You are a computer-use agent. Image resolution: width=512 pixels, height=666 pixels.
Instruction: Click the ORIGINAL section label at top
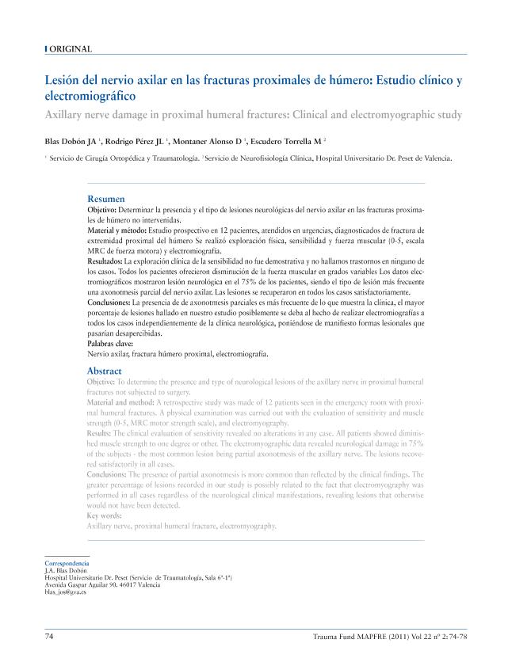click(71, 49)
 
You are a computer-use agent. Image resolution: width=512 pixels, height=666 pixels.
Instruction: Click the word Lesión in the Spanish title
click(64, 81)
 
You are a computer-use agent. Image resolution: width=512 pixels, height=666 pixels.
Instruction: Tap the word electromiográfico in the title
click(90, 96)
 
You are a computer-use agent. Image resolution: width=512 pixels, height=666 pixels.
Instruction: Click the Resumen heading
click(105, 199)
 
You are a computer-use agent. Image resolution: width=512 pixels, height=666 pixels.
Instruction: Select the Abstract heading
click(105, 371)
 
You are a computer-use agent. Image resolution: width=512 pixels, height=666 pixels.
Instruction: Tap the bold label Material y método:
click(117, 227)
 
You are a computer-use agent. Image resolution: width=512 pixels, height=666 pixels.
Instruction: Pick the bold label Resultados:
click(105, 261)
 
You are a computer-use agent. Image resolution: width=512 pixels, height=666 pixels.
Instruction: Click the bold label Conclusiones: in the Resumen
click(109, 303)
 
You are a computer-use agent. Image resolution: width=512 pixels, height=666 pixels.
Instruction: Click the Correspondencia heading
click(67, 563)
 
